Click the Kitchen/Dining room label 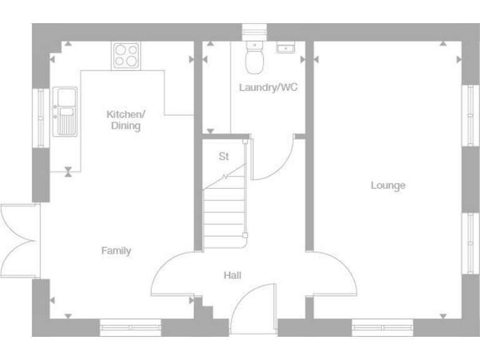(125, 120)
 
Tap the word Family (116, 251)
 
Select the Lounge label (387, 186)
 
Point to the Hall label (232, 275)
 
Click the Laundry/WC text (268, 87)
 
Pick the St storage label (224, 156)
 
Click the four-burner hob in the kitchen (126, 54)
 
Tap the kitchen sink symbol (65, 111)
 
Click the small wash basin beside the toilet (285, 47)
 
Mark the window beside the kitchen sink (41, 118)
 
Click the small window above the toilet (254, 31)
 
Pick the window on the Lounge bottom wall (382, 327)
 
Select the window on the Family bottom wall (130, 327)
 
